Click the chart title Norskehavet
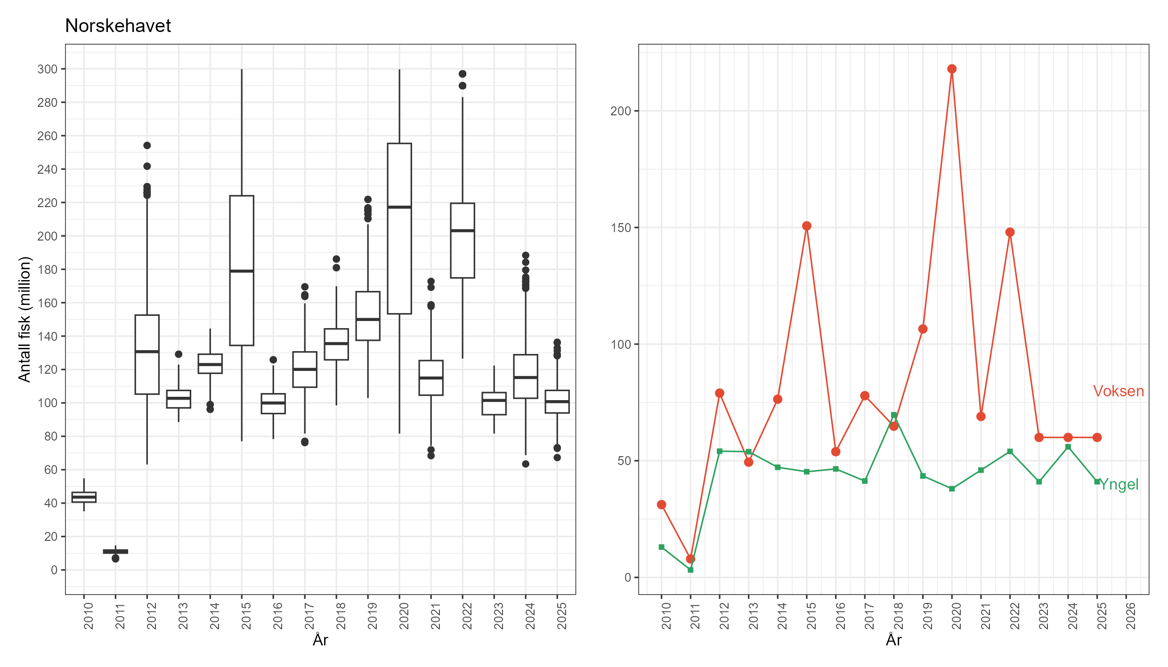pos(118,26)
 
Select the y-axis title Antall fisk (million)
pos(24,319)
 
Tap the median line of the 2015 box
pos(242,271)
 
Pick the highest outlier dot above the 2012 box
pos(147,145)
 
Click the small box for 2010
pos(84,497)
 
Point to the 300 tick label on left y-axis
pos(47,69)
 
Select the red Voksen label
pos(1118,391)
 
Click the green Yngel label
pos(1119,484)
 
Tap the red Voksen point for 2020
pos(952,69)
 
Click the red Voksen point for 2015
pos(807,226)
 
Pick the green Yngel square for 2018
pos(894,415)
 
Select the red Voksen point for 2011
pos(690,559)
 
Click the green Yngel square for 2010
pos(662,547)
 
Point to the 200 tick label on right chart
pos(620,111)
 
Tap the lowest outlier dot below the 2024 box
pos(526,464)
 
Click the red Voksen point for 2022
pos(1010,233)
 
